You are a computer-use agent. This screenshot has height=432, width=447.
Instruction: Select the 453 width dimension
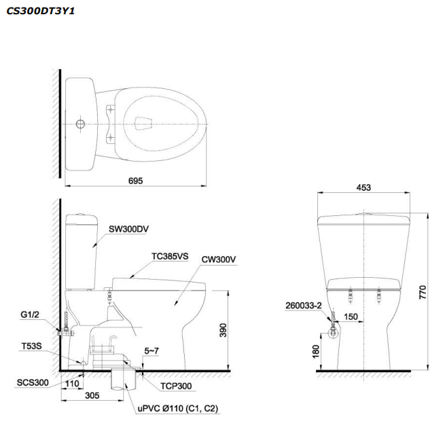click(x=363, y=188)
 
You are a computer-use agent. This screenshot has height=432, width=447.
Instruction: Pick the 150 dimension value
click(x=351, y=317)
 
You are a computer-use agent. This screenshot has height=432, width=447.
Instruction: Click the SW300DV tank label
click(x=128, y=229)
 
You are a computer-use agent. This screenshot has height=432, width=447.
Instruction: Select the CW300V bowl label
click(x=218, y=259)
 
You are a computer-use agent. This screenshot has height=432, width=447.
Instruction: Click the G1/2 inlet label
click(x=31, y=314)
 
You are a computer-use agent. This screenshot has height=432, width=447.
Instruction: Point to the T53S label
click(x=31, y=346)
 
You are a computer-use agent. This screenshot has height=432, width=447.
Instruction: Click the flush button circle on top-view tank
click(x=80, y=124)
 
